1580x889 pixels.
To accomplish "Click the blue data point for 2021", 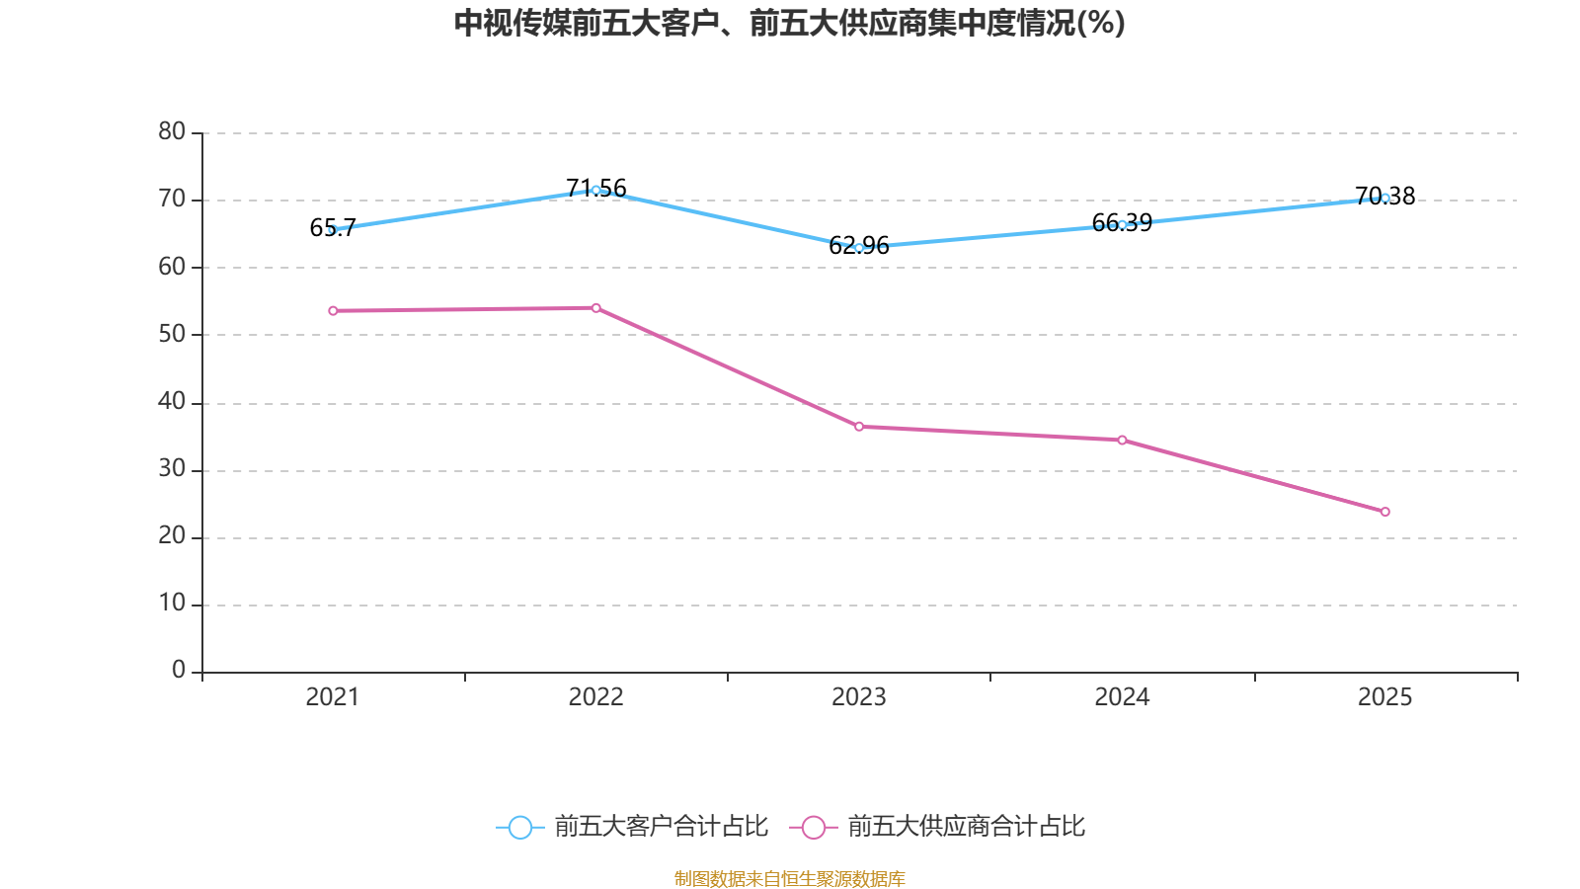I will [x=333, y=229].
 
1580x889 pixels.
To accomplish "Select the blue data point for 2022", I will [x=595, y=190].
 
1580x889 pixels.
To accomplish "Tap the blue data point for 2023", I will [x=859, y=248].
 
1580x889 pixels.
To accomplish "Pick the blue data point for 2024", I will [x=1122, y=224].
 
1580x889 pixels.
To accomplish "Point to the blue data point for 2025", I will [x=1385, y=198].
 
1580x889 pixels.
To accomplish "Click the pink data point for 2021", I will [x=333, y=311].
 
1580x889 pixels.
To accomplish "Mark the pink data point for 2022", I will [x=595, y=308].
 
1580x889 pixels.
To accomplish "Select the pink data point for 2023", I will [x=859, y=427].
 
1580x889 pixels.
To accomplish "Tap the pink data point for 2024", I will [x=1122, y=440].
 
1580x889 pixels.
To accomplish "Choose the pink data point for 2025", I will [x=1385, y=512].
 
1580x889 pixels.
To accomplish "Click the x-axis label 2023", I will [x=859, y=697].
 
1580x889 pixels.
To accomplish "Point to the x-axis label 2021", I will [x=333, y=697].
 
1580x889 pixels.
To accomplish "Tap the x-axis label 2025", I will [x=1385, y=697].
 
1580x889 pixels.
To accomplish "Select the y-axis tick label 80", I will [x=172, y=131].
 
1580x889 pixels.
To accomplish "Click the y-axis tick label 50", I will [x=172, y=334].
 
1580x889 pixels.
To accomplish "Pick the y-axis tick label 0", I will [x=179, y=671].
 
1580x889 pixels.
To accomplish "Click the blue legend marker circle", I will [x=519, y=828].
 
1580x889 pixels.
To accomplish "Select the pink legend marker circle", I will [x=813, y=828].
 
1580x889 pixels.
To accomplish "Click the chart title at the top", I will [x=790, y=24].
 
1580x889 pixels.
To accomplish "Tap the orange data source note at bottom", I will [x=790, y=878].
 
